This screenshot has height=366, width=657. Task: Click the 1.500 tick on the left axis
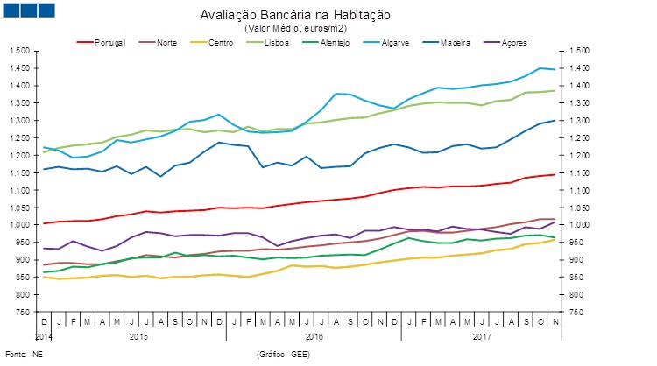click(x=19, y=51)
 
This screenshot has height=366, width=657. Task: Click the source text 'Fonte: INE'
click(x=25, y=354)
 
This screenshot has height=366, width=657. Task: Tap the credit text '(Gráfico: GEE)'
click(x=284, y=354)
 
